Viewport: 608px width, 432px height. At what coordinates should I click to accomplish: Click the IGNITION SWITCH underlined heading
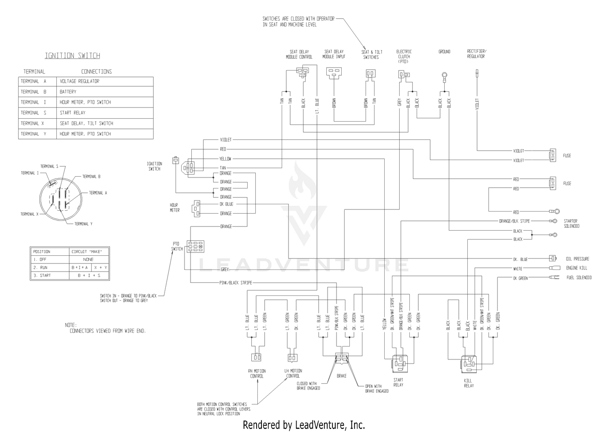coord(73,56)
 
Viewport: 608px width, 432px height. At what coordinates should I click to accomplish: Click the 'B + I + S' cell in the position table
coord(89,276)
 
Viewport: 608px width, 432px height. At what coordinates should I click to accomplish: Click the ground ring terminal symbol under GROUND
coord(444,75)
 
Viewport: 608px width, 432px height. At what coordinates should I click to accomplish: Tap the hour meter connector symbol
coord(196,209)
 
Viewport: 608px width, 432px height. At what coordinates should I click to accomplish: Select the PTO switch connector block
coord(195,247)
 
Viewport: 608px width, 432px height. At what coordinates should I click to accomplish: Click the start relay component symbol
coord(400,364)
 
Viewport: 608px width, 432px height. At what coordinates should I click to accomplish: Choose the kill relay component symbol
coord(469,364)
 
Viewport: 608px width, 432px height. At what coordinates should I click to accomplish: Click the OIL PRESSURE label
coord(578,259)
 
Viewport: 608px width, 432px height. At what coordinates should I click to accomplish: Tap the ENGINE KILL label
coord(576,268)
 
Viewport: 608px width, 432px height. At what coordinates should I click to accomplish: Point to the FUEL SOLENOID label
coord(579,278)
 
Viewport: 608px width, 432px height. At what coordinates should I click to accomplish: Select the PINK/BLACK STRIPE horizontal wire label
coord(235,283)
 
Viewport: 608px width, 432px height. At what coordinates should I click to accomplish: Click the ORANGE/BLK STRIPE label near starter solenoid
coord(514,221)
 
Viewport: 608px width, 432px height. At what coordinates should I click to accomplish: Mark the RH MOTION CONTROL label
coord(257,373)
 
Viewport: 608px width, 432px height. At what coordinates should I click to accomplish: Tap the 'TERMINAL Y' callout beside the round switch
coord(83,224)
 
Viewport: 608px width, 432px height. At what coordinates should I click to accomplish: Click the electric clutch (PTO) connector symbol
coord(404,75)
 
